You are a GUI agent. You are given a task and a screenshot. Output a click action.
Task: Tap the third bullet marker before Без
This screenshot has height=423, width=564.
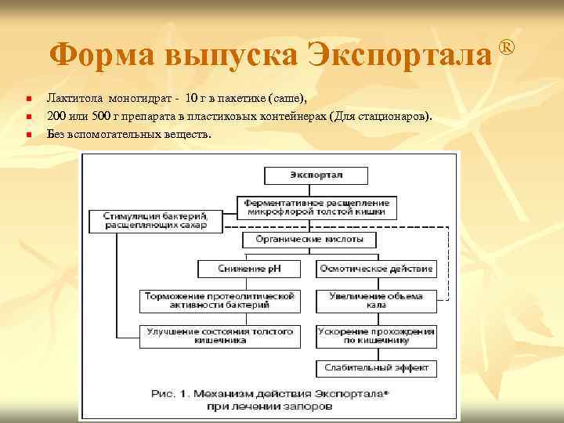pos(27,134)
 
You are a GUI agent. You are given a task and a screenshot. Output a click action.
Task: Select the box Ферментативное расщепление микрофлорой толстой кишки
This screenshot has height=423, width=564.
pos(316,207)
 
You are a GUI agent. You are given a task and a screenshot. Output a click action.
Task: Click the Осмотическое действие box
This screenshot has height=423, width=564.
pos(377,269)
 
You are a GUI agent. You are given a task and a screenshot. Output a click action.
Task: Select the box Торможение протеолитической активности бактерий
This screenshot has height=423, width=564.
pos(219,301)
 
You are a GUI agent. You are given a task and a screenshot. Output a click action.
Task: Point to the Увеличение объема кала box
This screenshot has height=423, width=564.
pos(377,301)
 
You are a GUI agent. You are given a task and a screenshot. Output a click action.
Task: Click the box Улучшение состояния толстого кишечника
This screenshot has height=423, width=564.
pos(219,336)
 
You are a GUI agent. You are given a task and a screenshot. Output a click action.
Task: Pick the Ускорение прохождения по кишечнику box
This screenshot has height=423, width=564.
pos(377,336)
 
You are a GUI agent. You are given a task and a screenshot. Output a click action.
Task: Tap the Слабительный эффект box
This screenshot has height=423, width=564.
pos(377,368)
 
